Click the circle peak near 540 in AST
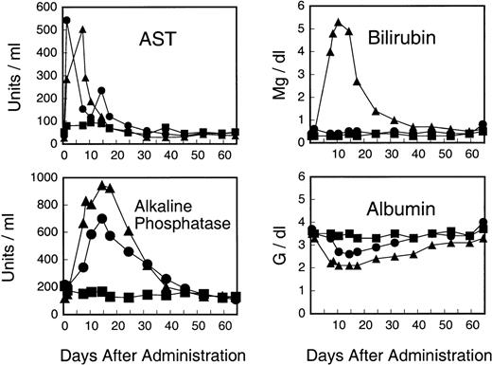66,20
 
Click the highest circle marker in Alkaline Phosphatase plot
101,218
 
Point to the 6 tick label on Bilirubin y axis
298,6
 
